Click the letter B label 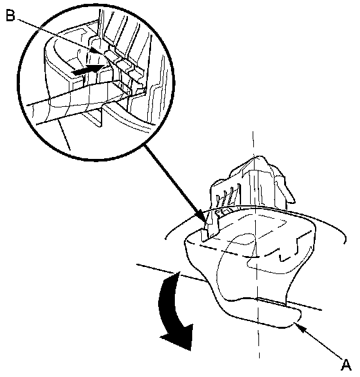click(10, 16)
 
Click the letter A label click(346, 365)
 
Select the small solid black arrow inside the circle click(88, 69)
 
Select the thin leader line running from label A click(319, 341)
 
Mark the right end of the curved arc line click(346, 243)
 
